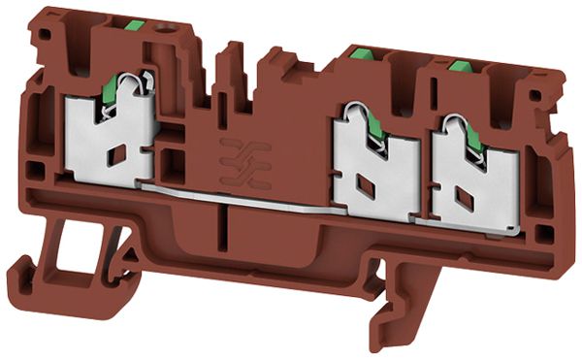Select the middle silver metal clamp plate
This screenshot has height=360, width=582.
coord(373,175)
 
